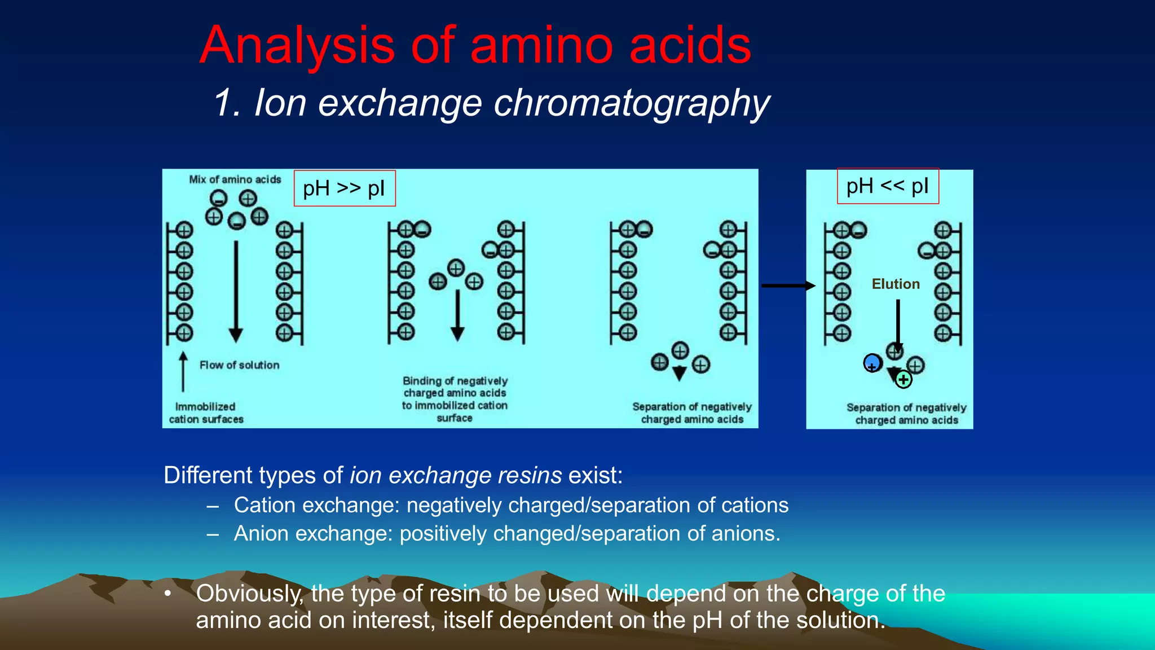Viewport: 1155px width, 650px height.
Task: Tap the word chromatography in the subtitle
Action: coord(632,104)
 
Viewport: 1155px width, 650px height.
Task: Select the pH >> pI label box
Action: coord(345,188)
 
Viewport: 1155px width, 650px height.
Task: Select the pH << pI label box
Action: coord(888,186)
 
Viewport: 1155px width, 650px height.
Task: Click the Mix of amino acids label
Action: coord(235,179)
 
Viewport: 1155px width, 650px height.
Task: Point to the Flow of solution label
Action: coord(239,365)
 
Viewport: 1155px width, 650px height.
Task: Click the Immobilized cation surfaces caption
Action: coord(206,413)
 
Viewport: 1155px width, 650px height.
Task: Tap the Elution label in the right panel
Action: coord(896,284)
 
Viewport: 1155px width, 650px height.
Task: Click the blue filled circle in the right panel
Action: coord(872,362)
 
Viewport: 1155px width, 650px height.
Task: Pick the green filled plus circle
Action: coord(903,380)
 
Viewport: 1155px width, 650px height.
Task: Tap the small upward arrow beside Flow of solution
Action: coord(183,372)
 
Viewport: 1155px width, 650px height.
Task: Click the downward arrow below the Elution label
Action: coord(898,324)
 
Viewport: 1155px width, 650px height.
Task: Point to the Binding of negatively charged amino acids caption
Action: coord(455,399)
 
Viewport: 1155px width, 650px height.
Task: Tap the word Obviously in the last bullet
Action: coord(249,594)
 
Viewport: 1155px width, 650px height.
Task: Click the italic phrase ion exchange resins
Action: coord(456,475)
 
